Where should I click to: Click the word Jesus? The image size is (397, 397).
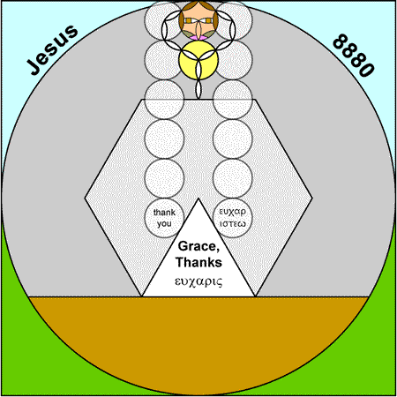(x=52, y=49)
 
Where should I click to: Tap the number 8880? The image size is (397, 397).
(x=354, y=56)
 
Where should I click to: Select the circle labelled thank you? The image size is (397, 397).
(x=164, y=218)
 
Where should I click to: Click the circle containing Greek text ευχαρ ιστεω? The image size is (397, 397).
(x=233, y=218)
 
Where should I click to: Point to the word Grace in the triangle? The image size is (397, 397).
(x=198, y=246)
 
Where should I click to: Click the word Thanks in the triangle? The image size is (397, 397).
(x=198, y=262)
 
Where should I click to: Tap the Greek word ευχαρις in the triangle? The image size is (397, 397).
(x=198, y=281)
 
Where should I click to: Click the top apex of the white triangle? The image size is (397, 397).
(x=198, y=198)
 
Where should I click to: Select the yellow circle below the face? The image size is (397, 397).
(x=198, y=60)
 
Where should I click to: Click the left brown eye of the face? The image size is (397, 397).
(x=189, y=20)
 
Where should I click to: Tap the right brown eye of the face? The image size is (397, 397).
(x=208, y=20)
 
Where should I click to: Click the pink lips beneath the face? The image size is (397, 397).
(x=198, y=38)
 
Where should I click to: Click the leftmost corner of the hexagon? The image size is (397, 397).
(x=85, y=198)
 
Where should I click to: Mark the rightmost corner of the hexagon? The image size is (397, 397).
(x=312, y=198)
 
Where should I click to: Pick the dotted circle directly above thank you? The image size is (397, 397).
(x=164, y=178)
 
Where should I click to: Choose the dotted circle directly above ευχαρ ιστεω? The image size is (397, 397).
(x=233, y=178)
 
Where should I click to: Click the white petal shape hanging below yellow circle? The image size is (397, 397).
(x=198, y=89)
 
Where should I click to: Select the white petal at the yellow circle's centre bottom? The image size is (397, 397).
(x=198, y=70)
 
